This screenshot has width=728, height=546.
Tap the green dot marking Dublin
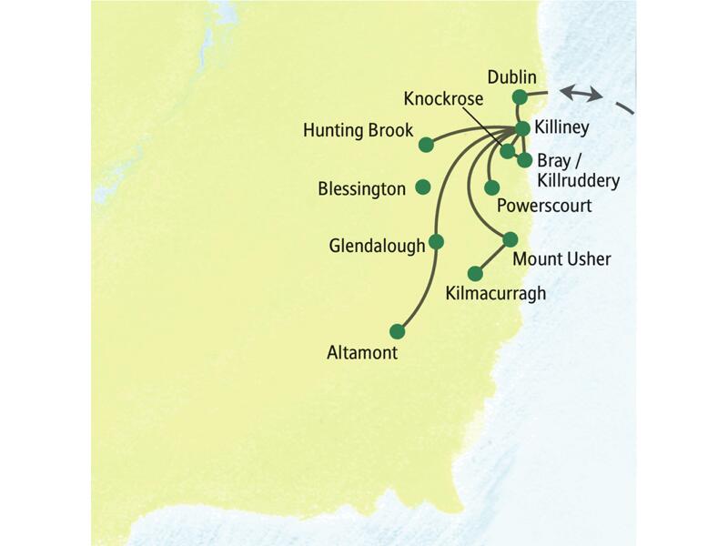point(519,96)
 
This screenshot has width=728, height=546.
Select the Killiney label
point(563,130)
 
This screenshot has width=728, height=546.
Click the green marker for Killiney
point(522,128)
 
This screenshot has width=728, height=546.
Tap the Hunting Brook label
point(359,131)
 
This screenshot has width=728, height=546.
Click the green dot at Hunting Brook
point(425,144)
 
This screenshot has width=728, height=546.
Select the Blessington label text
point(361,189)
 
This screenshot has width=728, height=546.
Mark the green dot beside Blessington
point(422,187)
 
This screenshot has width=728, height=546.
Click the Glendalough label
point(378,246)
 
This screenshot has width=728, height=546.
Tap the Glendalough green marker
point(435,241)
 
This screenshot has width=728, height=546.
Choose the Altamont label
point(362,353)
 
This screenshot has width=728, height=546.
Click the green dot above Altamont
point(396,330)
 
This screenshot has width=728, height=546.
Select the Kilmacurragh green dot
point(474,273)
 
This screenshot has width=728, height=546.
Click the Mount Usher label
point(561,260)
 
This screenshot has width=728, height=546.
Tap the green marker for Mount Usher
point(510,239)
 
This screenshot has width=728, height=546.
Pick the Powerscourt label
point(544,207)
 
